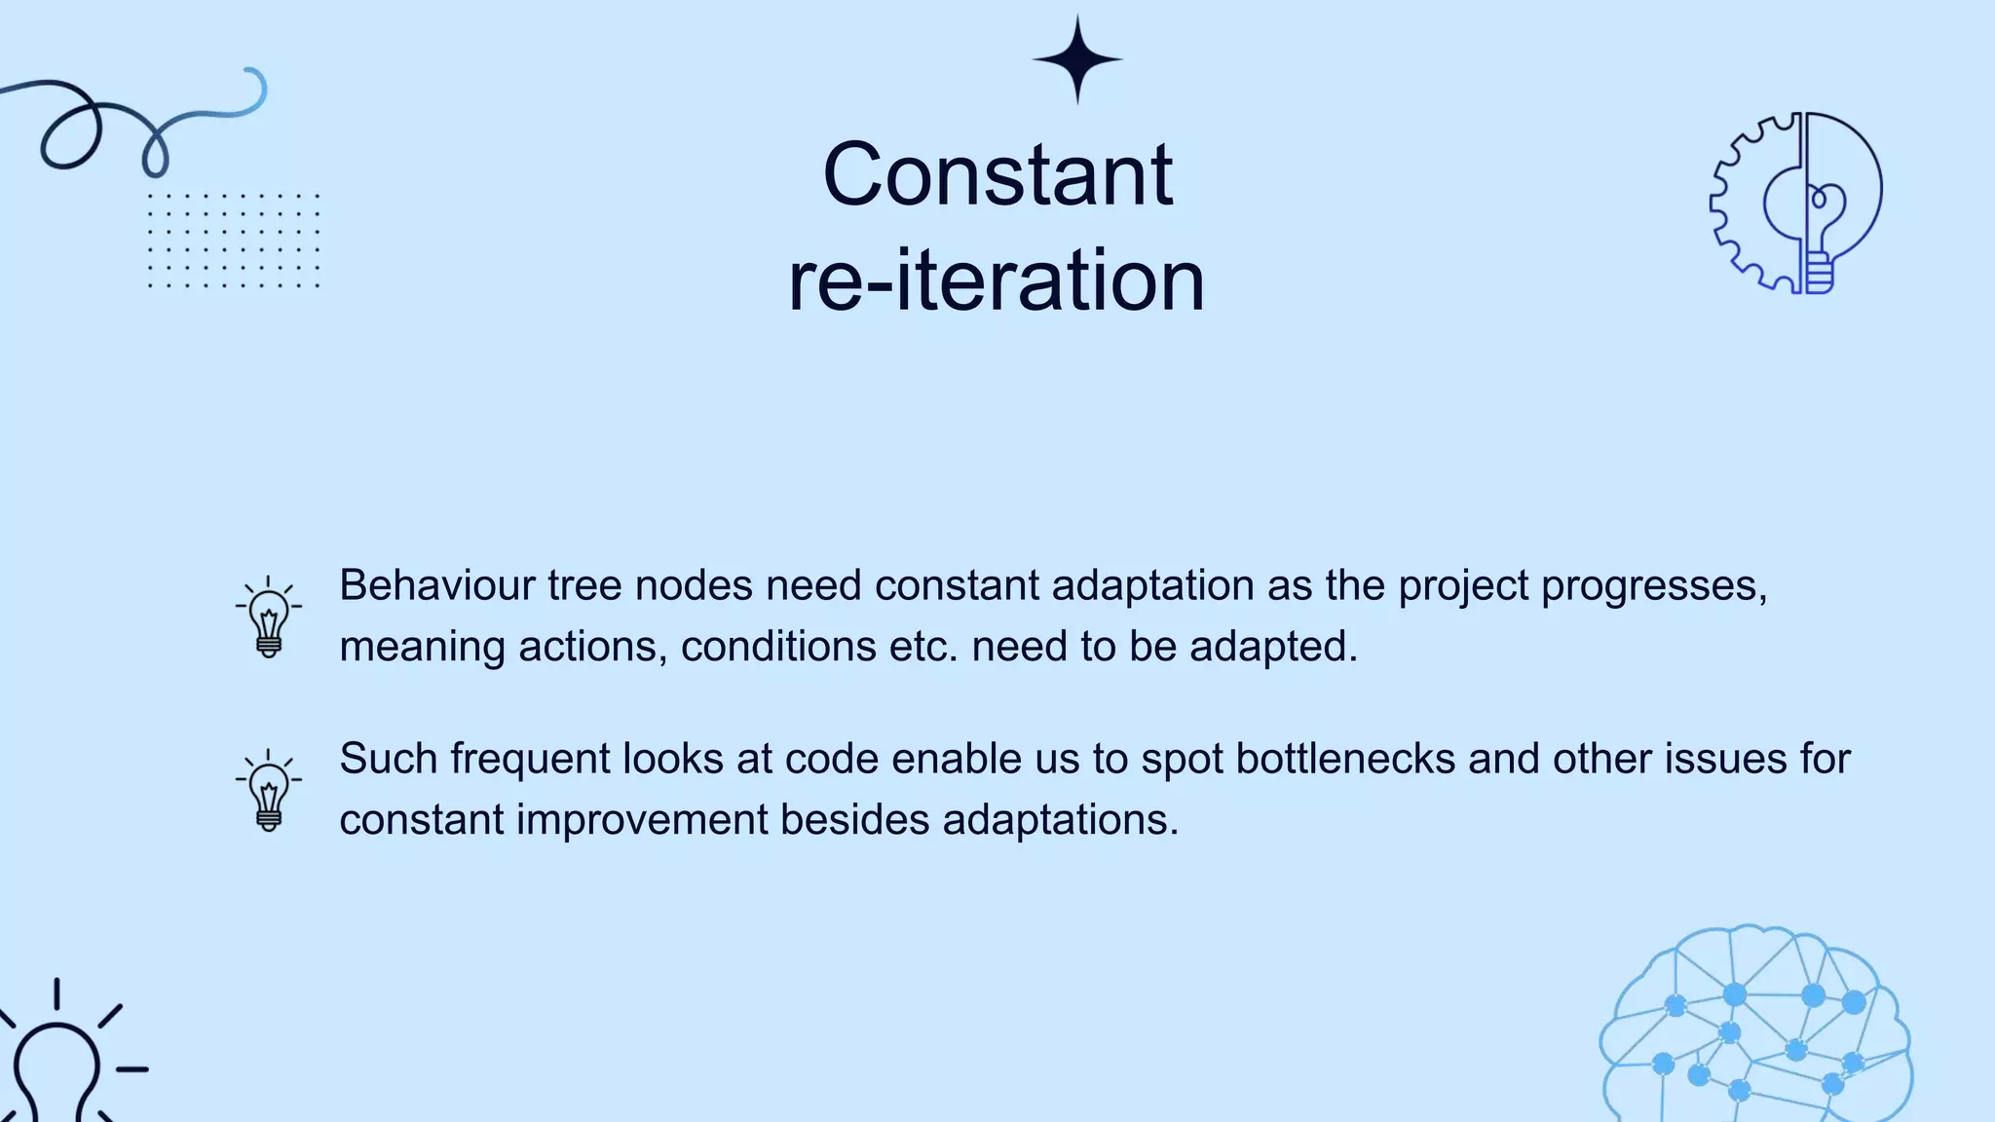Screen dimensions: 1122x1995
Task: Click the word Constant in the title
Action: click(997, 175)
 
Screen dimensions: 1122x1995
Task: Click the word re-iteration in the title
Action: click(996, 280)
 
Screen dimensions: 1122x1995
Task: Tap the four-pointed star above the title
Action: click(1077, 59)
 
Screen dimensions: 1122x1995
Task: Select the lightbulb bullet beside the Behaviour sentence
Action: click(268, 617)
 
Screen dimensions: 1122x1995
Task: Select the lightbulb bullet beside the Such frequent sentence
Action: click(268, 791)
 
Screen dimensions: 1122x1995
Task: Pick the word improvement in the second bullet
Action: click(642, 819)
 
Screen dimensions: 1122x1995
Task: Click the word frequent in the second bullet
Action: click(530, 760)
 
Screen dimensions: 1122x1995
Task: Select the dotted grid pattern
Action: click(233, 241)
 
